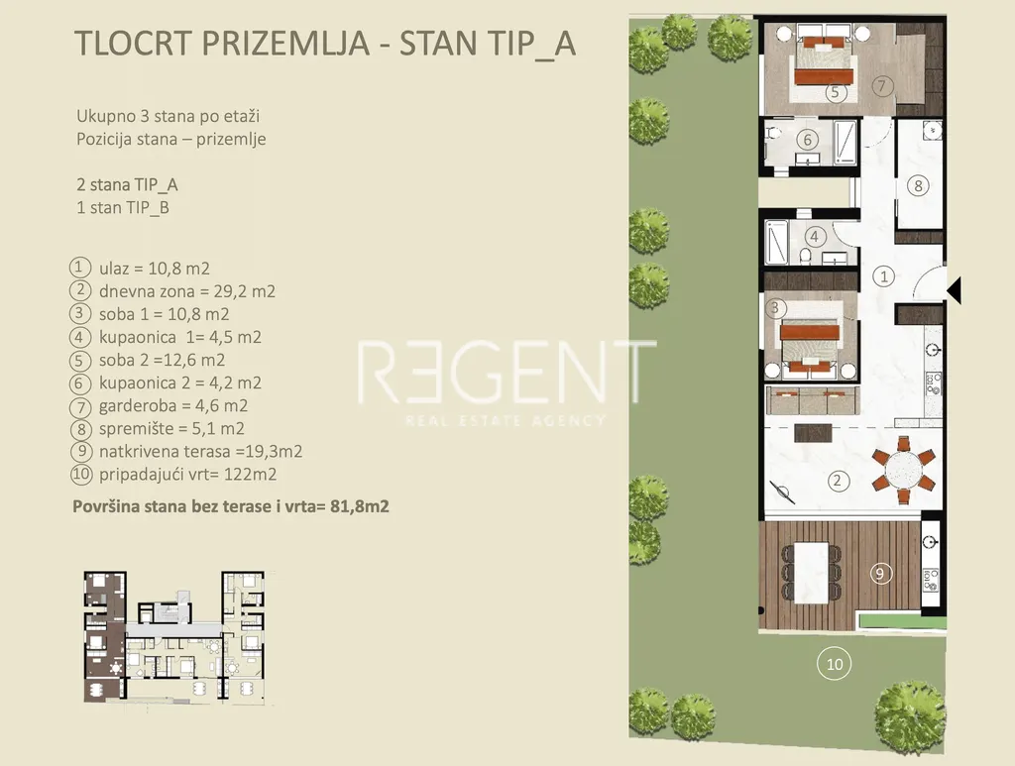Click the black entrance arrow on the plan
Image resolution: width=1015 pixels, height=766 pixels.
click(955, 289)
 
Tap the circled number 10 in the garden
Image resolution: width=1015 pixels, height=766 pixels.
click(835, 664)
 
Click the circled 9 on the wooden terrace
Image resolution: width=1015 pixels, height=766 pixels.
click(880, 573)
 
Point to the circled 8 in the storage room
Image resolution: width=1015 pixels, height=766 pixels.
click(918, 185)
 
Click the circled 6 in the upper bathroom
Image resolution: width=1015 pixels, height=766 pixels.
click(807, 139)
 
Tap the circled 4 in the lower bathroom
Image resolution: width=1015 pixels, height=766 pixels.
click(815, 237)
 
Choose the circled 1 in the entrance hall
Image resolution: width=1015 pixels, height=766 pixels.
click(883, 276)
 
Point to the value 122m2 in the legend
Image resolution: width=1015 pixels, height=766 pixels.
click(251, 475)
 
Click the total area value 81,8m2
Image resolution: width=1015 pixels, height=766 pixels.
click(360, 506)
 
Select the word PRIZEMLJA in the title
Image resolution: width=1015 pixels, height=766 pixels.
click(285, 44)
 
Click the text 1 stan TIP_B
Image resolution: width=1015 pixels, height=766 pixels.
click(123, 208)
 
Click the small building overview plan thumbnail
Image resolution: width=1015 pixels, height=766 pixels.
click(174, 637)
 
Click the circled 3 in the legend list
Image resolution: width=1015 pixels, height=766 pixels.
click(79, 314)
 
